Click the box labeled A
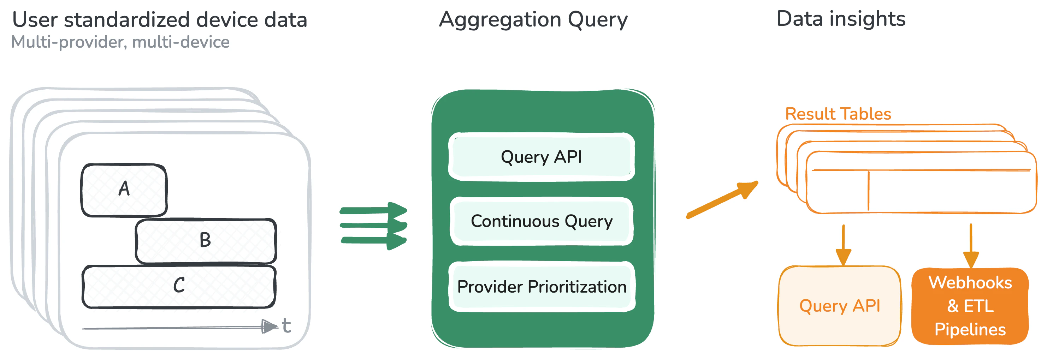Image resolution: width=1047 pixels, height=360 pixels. pyautogui.click(x=124, y=190)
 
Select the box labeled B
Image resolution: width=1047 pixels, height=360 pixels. pyautogui.click(x=206, y=241)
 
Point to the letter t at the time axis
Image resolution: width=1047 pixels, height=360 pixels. pyautogui.click(x=286, y=326)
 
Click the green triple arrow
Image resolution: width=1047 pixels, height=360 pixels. pyautogui.click(x=373, y=226)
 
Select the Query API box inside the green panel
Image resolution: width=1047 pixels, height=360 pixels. pyautogui.click(x=541, y=157)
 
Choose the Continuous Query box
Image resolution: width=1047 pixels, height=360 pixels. pyautogui.click(x=541, y=221)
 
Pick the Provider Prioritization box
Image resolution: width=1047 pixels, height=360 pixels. pyautogui.click(x=541, y=287)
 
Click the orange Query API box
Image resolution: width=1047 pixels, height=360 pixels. pyautogui.click(x=839, y=306)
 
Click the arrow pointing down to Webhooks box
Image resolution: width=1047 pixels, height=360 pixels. pyautogui.click(x=971, y=246)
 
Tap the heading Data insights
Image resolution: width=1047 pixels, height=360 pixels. pyautogui.click(x=840, y=19)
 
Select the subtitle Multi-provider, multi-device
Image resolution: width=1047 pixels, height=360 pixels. pyautogui.click(x=120, y=42)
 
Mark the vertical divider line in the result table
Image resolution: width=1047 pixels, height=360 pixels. pyautogui.click(x=868, y=191)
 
